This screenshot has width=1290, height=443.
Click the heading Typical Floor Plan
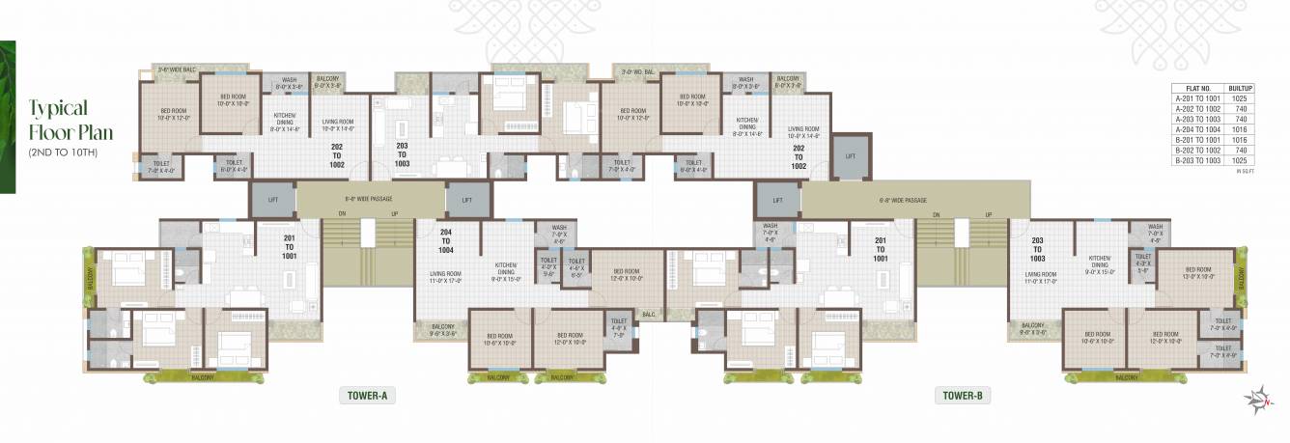(x=60, y=120)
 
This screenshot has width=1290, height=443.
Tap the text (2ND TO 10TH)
(x=63, y=153)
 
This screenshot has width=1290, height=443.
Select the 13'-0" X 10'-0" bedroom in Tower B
(x=1197, y=274)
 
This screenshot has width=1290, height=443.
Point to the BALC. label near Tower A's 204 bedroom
(x=649, y=314)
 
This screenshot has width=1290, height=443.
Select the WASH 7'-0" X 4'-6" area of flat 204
(x=559, y=233)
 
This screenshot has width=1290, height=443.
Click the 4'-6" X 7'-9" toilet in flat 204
(x=618, y=330)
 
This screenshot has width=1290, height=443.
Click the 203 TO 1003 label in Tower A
(x=402, y=155)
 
